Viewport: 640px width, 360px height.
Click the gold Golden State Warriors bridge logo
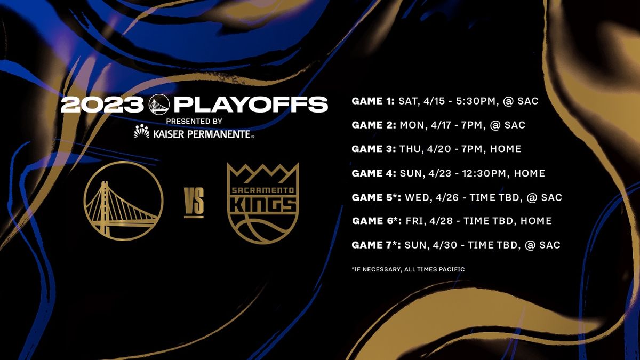[123, 201]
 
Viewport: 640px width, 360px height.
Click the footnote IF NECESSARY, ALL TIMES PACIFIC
[408, 269]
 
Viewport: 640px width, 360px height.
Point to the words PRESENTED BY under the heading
[194, 121]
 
